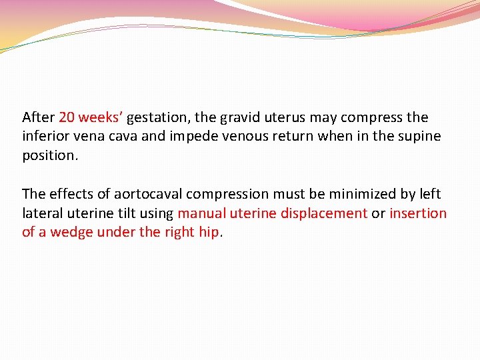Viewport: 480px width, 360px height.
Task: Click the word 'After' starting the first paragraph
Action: (x=38, y=117)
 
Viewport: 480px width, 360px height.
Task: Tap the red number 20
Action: (x=67, y=117)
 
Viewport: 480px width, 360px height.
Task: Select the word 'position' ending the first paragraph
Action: (x=49, y=155)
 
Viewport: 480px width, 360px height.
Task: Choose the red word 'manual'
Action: (x=199, y=213)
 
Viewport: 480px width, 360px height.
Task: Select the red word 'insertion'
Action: (x=418, y=213)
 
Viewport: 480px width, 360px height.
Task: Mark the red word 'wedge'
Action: (x=75, y=233)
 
